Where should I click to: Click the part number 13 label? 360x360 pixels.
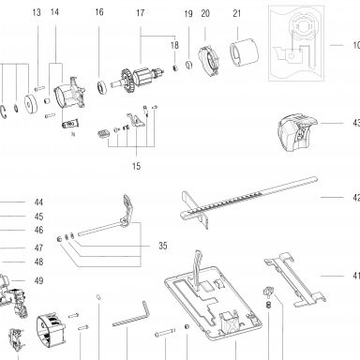point(37,12)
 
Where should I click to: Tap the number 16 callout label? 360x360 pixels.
point(99,12)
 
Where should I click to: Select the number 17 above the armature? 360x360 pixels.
point(141,13)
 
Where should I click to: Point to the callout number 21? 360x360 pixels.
point(237,13)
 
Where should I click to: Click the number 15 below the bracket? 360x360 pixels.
point(136,166)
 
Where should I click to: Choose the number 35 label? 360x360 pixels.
point(163,246)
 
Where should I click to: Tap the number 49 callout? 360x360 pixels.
point(38,280)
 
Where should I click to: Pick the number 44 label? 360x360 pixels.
point(38,202)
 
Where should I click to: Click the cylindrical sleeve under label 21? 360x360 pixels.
point(245,52)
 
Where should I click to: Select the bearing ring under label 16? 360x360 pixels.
point(101,87)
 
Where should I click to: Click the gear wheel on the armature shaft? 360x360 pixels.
point(128,82)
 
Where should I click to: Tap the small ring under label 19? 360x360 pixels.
point(188,65)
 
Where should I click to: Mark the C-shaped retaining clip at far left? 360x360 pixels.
point(3,112)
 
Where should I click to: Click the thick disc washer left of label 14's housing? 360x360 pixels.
point(31,103)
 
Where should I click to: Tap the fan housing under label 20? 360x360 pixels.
point(209,61)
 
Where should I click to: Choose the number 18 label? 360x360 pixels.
point(174,45)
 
